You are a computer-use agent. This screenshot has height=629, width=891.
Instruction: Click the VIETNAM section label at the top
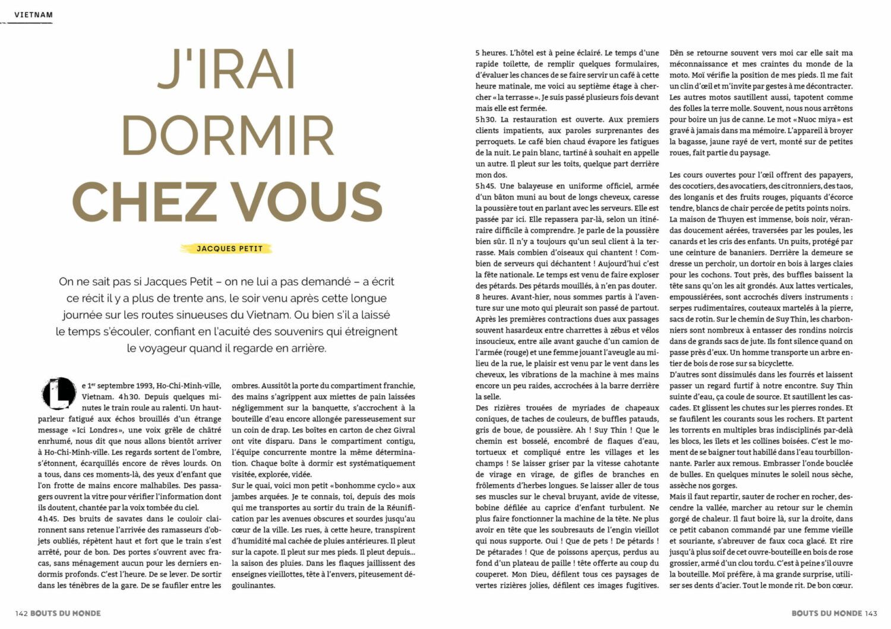click(x=33, y=14)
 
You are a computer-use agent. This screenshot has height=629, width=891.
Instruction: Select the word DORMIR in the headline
click(x=228, y=136)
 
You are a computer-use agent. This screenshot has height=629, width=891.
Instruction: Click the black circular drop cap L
click(x=59, y=393)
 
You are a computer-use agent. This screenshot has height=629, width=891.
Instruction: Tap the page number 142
click(x=22, y=613)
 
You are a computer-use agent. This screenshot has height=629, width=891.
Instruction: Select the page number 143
click(x=871, y=613)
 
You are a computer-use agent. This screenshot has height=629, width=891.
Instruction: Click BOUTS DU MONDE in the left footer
click(x=66, y=613)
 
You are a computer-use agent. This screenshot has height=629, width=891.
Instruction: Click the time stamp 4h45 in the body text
click(x=49, y=519)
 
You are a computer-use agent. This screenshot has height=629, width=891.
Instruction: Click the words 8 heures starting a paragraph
click(x=491, y=296)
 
